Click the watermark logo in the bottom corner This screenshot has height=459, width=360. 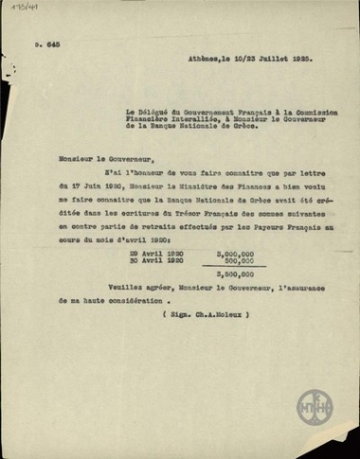point(315,408)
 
